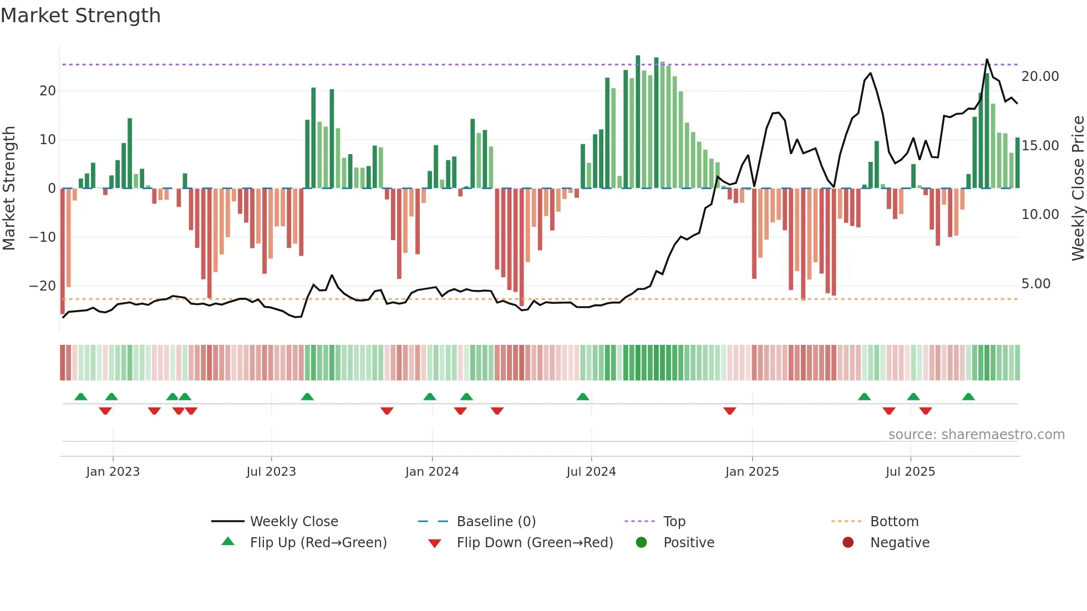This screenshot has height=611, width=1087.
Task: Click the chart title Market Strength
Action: (x=80, y=16)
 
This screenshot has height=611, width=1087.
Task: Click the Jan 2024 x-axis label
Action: (x=432, y=472)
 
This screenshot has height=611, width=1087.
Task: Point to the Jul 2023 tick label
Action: (x=271, y=472)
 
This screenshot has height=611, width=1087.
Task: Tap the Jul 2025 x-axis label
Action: (x=910, y=472)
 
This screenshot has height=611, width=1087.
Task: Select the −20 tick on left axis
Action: (x=43, y=286)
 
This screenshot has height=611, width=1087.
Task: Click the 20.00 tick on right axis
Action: (x=1040, y=77)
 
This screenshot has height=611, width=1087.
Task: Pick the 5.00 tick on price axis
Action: (x=1035, y=284)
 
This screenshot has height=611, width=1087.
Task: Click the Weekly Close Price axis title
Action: (x=1078, y=189)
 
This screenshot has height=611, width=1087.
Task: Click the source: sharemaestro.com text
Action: (x=976, y=435)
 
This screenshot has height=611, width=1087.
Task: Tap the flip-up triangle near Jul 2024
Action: (x=582, y=397)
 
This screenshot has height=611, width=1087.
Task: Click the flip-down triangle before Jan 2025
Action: (x=730, y=411)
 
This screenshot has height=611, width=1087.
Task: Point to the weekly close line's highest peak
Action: (x=987, y=59)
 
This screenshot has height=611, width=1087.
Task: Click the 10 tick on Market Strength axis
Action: (x=48, y=140)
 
